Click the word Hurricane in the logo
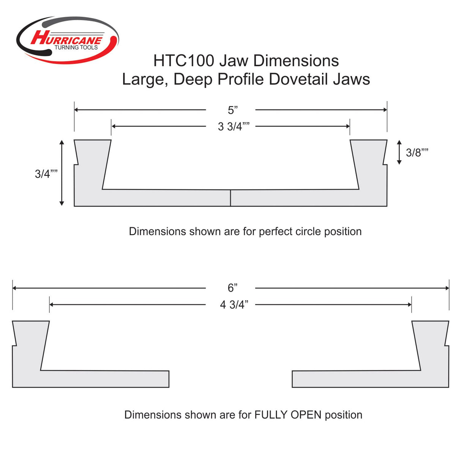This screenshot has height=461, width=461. [66, 38]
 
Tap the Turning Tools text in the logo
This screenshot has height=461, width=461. [76, 47]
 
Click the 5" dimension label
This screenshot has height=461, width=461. [232, 110]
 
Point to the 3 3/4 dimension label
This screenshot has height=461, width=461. [233, 126]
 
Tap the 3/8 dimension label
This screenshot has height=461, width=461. [417, 153]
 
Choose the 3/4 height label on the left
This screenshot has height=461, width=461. [46, 174]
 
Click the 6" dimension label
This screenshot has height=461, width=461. [232, 288]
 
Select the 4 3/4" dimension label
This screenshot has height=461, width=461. [234, 305]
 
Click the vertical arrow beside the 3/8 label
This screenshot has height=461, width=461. [399, 152]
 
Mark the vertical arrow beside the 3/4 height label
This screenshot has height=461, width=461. [62, 173]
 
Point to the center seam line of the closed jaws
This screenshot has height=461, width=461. [230, 198]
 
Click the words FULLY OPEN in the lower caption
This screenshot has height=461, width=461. [288, 415]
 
